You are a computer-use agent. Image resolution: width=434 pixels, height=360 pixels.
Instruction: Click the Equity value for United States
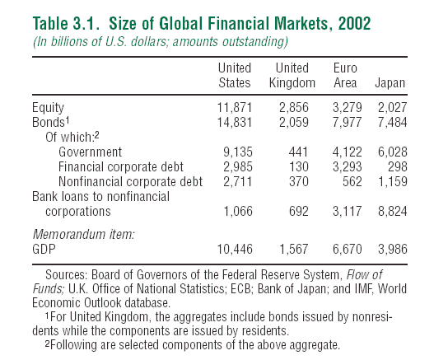tap(235, 107)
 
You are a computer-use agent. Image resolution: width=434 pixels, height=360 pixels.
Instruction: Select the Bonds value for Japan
tap(393, 123)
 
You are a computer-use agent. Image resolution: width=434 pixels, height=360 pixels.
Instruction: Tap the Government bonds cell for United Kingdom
tap(298, 152)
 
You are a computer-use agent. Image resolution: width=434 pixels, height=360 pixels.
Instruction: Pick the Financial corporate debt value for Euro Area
tap(347, 166)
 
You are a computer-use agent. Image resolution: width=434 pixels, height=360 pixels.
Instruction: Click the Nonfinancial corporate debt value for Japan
tap(393, 182)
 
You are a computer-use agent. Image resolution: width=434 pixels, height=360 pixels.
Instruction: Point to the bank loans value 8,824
tap(393, 211)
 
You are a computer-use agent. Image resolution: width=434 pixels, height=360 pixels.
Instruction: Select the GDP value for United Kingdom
tap(294, 249)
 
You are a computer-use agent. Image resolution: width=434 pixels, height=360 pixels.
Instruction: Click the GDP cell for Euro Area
tap(347, 249)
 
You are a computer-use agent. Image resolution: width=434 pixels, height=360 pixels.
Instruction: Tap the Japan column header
tap(390, 83)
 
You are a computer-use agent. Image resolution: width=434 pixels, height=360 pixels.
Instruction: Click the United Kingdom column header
tap(292, 75)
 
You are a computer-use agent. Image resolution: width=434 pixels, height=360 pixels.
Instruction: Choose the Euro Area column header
tap(345, 75)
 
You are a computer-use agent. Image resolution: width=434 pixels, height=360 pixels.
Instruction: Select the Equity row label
tap(48, 108)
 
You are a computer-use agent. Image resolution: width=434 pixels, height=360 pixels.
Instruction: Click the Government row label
tap(91, 152)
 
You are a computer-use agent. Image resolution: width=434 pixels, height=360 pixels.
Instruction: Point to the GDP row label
tap(44, 249)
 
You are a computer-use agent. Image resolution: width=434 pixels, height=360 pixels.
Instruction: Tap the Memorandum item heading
tap(84, 234)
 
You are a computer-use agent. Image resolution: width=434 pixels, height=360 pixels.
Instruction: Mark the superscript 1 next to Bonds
tap(68, 120)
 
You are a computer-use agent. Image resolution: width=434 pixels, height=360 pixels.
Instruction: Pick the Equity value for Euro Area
tap(347, 107)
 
